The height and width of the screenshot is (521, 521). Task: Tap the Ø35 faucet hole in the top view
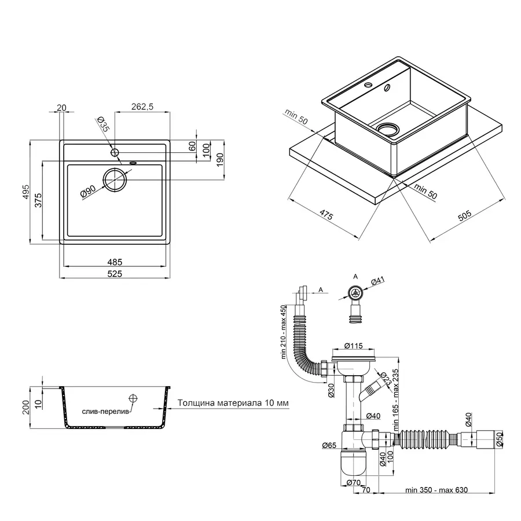pos(115,152)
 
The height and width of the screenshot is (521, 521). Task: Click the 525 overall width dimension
pos(115,274)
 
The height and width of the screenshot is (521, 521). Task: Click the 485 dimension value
pos(115,262)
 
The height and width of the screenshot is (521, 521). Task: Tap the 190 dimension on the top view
pos(221,160)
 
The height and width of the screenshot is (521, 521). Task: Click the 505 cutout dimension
pos(465,217)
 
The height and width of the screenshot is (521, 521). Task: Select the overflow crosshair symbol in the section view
pos(133,398)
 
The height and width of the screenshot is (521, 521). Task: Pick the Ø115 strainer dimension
pos(354,346)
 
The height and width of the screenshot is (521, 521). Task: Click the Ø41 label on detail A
pos(377,281)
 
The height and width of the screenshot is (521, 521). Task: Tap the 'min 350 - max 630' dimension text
pos(436,490)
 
